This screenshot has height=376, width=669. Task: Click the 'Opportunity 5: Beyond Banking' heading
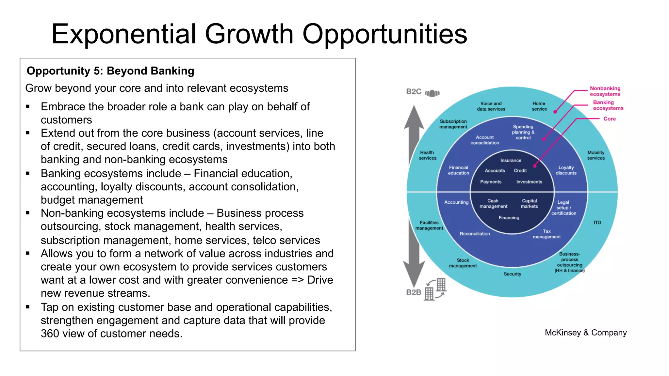110,71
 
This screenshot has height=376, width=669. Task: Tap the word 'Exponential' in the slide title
123,34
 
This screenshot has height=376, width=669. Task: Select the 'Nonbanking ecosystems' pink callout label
605,91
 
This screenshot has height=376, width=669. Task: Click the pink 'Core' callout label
610,119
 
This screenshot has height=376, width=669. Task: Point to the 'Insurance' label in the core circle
511,161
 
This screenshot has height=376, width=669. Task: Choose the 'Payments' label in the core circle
491,182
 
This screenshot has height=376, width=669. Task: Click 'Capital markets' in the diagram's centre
529,203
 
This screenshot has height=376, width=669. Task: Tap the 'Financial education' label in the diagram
459,170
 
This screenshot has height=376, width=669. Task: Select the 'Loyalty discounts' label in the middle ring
566,170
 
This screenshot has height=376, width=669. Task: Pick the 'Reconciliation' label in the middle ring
475,234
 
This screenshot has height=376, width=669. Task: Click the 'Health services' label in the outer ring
427,155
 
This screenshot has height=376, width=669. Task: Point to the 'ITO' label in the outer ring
597,223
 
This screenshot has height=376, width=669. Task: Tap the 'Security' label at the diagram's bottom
513,274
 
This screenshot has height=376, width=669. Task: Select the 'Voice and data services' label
491,106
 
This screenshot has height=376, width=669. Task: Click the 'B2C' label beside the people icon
414,92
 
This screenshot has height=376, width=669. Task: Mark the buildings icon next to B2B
435,289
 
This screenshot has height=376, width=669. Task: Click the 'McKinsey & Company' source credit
586,333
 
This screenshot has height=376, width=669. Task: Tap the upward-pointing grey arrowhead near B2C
414,117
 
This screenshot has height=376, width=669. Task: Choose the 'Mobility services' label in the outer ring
596,155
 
